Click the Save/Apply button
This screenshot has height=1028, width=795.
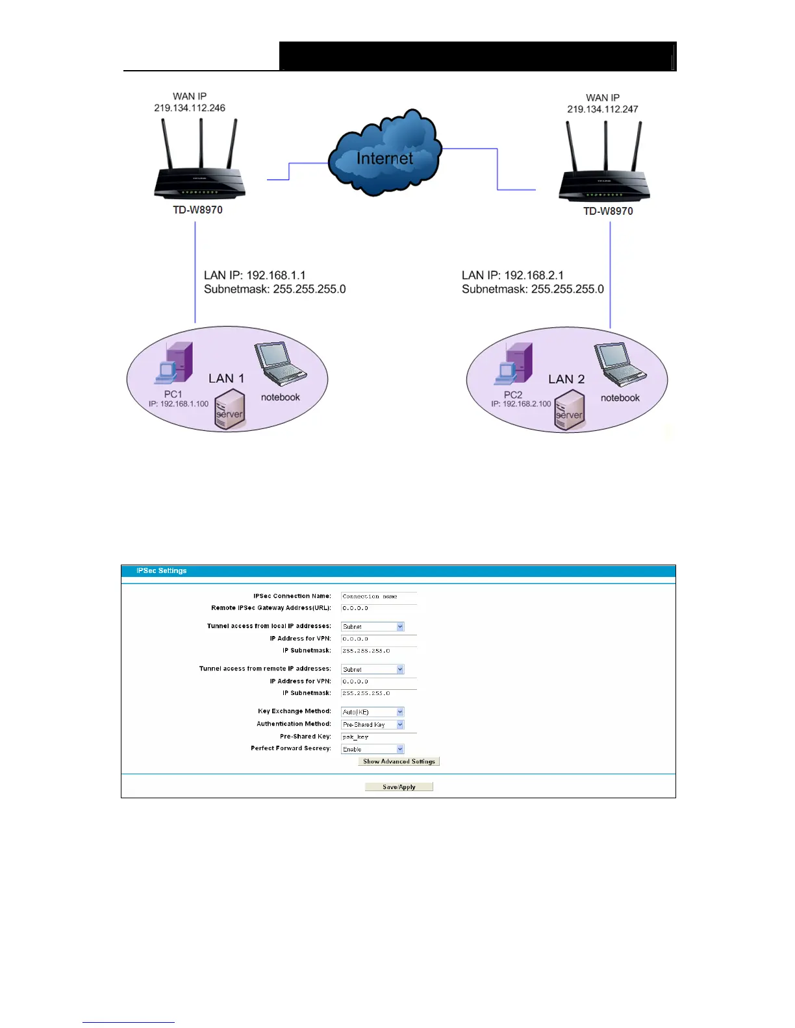click(399, 787)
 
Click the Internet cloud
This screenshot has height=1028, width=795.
click(385, 156)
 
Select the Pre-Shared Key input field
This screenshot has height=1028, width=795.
click(379, 737)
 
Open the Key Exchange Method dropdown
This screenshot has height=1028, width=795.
click(373, 712)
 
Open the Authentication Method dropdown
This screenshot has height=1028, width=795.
click(373, 724)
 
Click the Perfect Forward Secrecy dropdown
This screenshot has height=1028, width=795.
click(373, 749)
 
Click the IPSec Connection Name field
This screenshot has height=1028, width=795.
click(379, 596)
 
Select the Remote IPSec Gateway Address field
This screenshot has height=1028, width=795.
click(379, 608)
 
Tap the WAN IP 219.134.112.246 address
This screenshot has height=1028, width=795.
click(190, 108)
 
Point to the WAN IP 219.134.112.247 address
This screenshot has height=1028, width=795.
click(603, 109)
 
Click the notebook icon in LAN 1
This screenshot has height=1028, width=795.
click(280, 363)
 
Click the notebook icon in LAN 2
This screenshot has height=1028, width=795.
click(620, 364)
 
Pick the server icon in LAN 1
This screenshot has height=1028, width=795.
click(230, 410)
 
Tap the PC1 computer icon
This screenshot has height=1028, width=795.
click(174, 363)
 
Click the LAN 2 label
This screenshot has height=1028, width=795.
click(566, 379)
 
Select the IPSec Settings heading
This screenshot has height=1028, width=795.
click(162, 570)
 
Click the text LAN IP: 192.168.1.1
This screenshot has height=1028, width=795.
click(255, 275)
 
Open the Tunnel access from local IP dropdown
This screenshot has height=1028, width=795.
click(373, 626)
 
